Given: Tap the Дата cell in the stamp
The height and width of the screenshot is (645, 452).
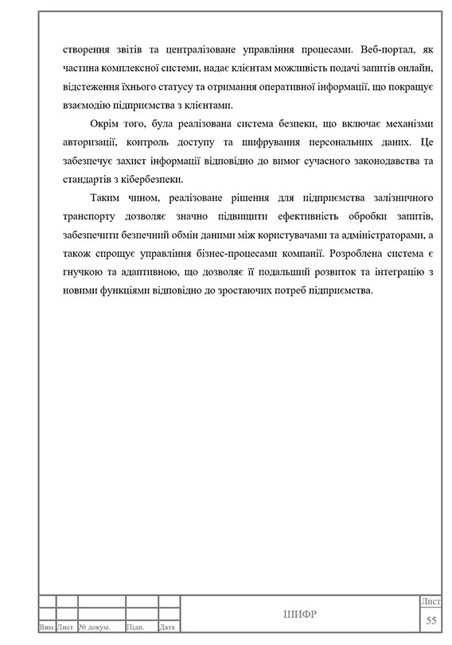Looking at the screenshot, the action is click(x=168, y=628).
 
